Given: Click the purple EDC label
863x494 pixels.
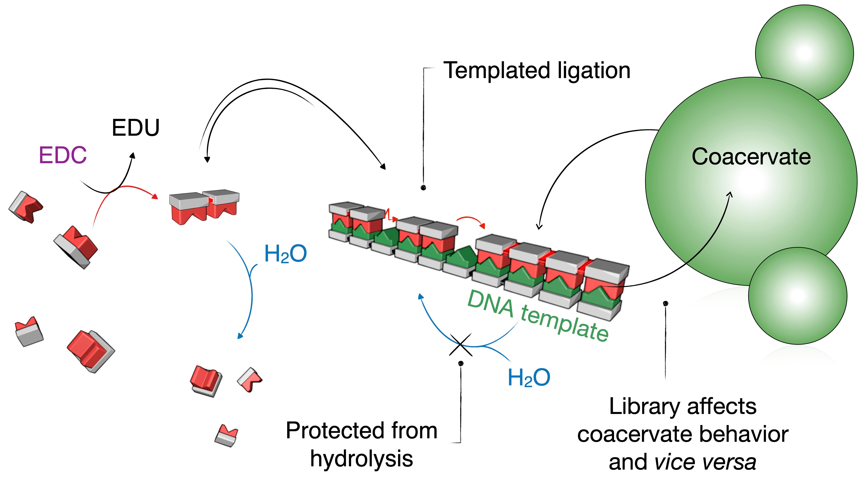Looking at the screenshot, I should coord(63,155).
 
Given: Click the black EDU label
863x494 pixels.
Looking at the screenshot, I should coord(135,128).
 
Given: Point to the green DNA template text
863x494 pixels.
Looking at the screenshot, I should coord(538,315).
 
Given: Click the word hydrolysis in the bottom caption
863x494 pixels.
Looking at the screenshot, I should coord(362,459).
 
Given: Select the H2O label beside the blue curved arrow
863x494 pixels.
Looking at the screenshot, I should coord(285,254).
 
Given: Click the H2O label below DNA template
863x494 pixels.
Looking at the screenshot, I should coord(529,378).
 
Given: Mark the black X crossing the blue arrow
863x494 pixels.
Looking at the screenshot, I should coord(460,345).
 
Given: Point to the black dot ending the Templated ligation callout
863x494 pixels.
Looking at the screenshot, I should coord(423,188).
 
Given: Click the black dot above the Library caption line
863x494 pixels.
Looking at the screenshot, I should coord(665,303).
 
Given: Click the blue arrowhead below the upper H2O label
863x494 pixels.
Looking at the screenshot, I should coord(240,336).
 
